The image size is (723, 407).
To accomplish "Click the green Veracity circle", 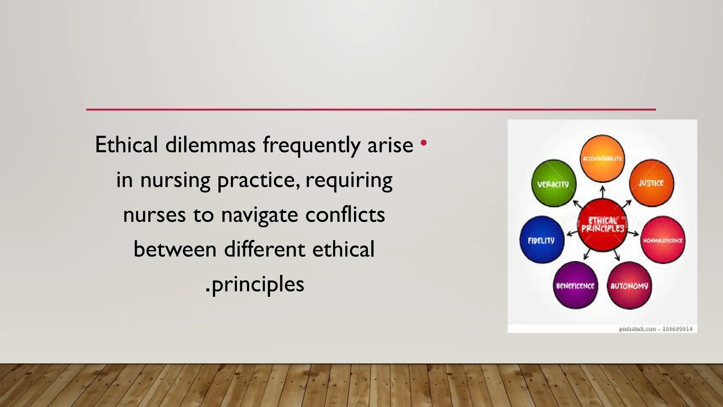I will [554, 183].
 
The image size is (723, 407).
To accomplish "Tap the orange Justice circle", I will [651, 183].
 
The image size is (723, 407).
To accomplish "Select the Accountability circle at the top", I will [602, 158].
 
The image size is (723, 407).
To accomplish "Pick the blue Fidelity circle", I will [542, 240].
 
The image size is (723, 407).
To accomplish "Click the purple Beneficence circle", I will [575, 285].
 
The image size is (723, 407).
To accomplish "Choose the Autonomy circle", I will [629, 285].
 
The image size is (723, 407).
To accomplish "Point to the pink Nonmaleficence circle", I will [663, 240].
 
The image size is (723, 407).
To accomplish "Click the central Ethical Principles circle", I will [603, 225].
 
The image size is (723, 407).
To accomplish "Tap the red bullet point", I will [424, 143].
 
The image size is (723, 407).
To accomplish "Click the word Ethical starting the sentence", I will [126, 145].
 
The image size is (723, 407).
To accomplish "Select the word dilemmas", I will [210, 145].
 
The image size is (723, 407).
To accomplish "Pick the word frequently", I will [311, 146].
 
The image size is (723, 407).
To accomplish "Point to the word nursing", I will [175, 180].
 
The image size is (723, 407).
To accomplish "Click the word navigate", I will [259, 215].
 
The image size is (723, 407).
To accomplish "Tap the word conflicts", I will [345, 214].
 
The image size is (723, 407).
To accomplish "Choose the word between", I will [175, 249].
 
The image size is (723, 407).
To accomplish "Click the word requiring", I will [349, 180].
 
